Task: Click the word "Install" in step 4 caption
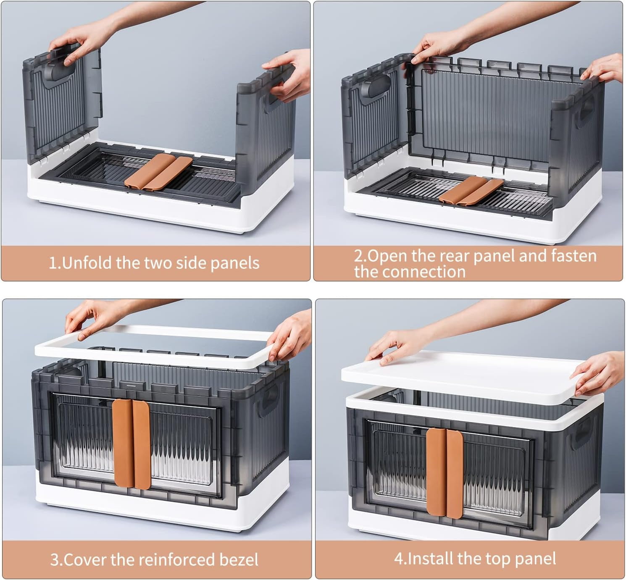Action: tap(431, 559)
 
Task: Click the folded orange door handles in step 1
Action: tap(159, 171)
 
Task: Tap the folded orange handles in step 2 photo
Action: tap(470, 190)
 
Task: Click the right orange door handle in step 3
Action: tap(142, 444)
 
